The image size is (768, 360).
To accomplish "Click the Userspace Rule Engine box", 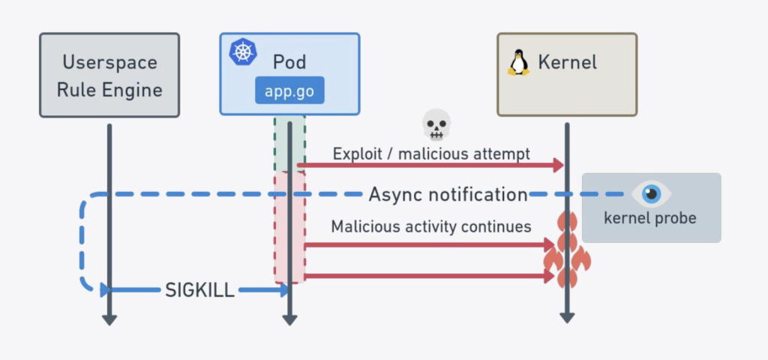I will point(109,75).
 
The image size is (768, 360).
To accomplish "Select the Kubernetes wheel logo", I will point(242,52).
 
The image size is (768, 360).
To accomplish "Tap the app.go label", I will point(289,91).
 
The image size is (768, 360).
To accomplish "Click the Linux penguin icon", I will point(517,61).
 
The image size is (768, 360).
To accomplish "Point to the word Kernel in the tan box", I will point(567,61).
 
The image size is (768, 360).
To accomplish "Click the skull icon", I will point(436,124).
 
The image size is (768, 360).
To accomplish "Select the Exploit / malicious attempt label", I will point(431,154).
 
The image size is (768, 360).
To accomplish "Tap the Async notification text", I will point(448,195).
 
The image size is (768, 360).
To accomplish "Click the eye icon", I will point(650,194).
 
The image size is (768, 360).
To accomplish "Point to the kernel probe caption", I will point(650,219).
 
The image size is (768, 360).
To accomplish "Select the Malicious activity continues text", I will point(431,226).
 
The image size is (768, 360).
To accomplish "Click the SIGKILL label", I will point(199,290).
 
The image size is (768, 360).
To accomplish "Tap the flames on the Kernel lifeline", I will point(567,251).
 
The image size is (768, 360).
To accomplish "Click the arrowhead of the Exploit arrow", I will point(559,166).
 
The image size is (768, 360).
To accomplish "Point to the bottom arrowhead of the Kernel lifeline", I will point(567,318).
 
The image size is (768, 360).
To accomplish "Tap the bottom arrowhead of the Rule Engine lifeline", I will point(109,320).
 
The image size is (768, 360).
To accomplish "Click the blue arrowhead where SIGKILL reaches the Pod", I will point(284,290).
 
